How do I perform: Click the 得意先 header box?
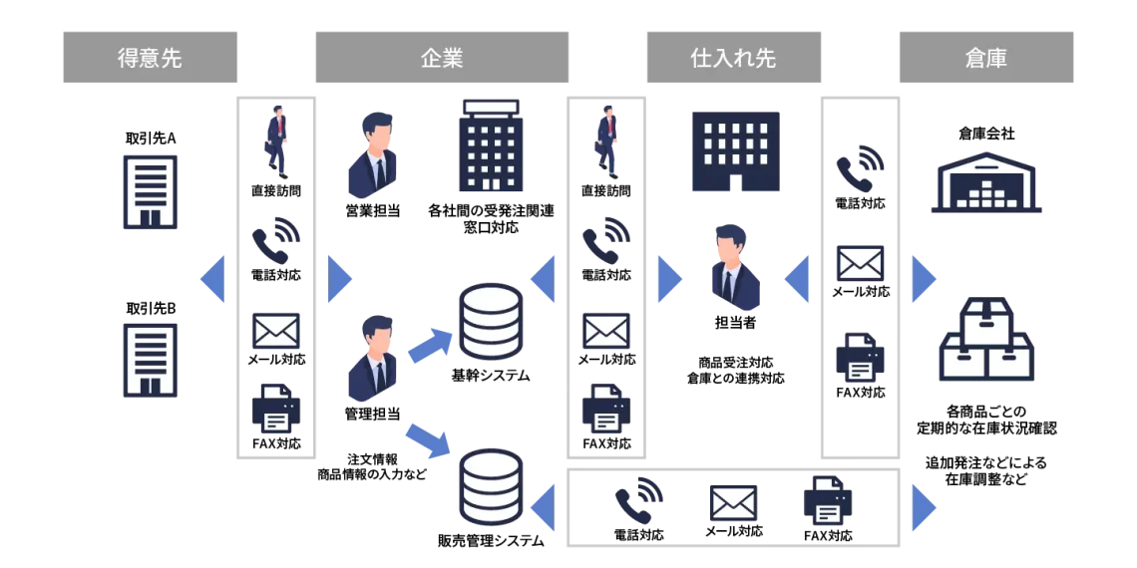pyautogui.click(x=150, y=57)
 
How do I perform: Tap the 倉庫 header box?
pyautogui.click(x=986, y=57)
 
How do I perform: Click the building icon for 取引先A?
pyautogui.click(x=150, y=192)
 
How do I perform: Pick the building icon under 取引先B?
pyautogui.click(x=150, y=360)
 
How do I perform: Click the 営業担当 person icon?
pyautogui.click(x=372, y=155)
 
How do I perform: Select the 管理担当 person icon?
pyautogui.click(x=372, y=359)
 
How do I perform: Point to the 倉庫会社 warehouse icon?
pyautogui.click(x=986, y=186)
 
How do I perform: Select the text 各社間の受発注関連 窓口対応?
pyautogui.click(x=490, y=219)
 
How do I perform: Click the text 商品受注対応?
pyautogui.click(x=735, y=363)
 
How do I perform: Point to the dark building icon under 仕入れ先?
pyautogui.click(x=735, y=150)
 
